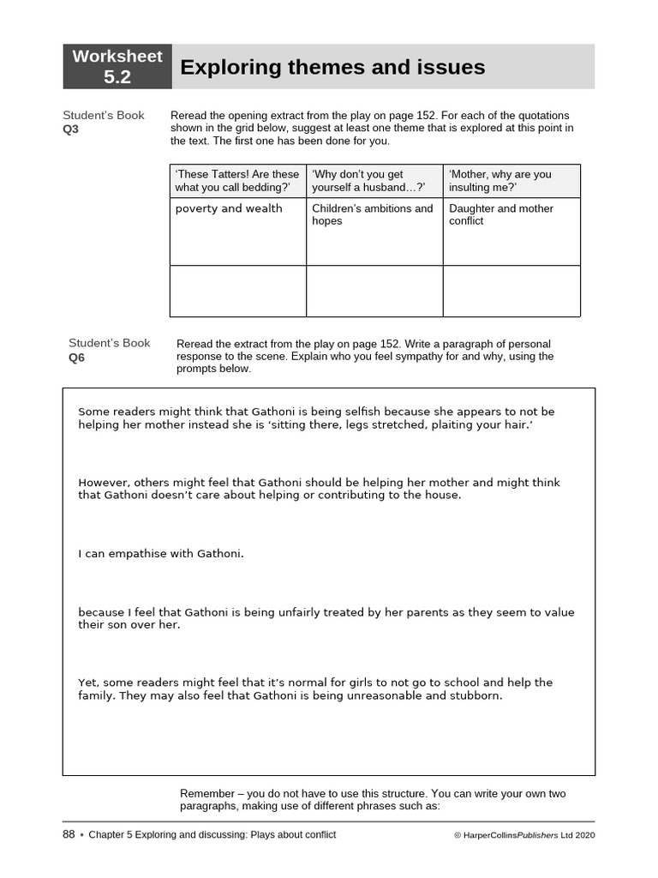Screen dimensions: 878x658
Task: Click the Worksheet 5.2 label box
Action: [x=117, y=67]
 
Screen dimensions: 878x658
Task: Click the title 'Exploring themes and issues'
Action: [x=332, y=67]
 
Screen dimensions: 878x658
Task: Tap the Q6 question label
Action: [x=76, y=358]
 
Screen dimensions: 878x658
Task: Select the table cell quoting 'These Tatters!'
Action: [x=237, y=181]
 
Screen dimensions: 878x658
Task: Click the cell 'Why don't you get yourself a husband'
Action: [x=374, y=181]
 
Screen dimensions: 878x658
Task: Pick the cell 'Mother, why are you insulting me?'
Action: [x=511, y=181]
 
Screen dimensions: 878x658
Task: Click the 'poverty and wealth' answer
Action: [x=229, y=208]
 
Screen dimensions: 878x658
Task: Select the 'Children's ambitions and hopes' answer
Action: [x=373, y=214]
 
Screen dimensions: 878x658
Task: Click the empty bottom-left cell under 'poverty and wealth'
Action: [x=237, y=291]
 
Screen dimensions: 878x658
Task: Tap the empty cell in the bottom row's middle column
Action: [x=374, y=291]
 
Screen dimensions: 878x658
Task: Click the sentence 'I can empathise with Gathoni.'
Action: [x=161, y=554]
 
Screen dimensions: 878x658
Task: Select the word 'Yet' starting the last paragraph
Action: [x=88, y=683]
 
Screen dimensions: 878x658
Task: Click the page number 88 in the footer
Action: [x=69, y=834]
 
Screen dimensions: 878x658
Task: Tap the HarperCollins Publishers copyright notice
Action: [x=523, y=835]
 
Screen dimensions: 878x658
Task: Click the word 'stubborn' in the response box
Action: [x=476, y=695]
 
